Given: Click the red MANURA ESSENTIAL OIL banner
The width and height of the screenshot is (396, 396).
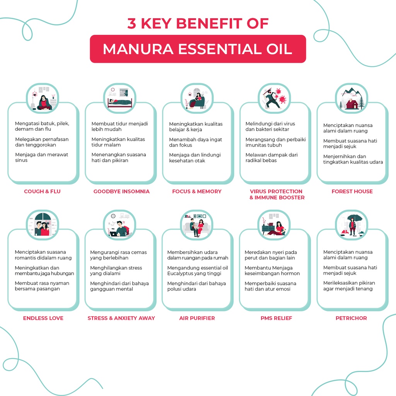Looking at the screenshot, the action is [x=198, y=49].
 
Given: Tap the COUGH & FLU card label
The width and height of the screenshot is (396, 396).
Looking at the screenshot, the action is [x=42, y=191].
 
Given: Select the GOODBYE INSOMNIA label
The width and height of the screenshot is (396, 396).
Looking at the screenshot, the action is [x=121, y=191].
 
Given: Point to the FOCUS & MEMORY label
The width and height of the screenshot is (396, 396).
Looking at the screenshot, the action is [x=197, y=191].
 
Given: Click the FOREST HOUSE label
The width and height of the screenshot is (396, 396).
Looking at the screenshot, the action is [x=352, y=191].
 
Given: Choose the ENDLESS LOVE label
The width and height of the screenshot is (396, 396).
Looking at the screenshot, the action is [x=43, y=318].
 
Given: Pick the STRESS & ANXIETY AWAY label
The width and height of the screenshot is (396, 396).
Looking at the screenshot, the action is [x=121, y=318].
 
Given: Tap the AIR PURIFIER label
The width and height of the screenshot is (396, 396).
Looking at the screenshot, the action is [x=197, y=318].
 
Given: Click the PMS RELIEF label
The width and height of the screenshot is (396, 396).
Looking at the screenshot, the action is [x=276, y=318].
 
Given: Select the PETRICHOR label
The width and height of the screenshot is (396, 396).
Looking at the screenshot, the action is [x=351, y=318].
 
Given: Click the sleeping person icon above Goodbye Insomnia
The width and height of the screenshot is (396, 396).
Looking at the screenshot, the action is [x=120, y=99].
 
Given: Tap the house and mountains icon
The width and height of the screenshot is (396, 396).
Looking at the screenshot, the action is [x=352, y=99].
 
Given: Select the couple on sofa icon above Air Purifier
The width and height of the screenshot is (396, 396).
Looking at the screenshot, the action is [x=197, y=226].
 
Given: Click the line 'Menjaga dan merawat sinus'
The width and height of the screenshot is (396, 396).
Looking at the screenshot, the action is [x=41, y=157].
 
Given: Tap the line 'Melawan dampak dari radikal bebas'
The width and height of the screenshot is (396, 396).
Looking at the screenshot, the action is [x=271, y=158].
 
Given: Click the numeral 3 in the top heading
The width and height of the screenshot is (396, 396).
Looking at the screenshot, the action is [x=131, y=23].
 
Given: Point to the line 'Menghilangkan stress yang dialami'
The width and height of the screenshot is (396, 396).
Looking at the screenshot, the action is [x=116, y=270].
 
